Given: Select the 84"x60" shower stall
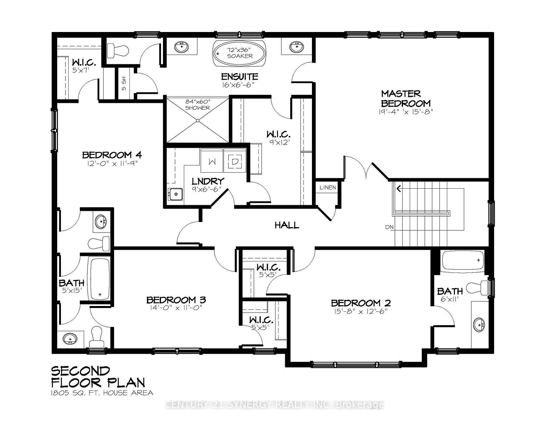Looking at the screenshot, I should pyautogui.click(x=197, y=120).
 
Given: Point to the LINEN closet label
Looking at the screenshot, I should pyautogui.click(x=327, y=188).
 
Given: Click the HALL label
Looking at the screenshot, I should pyautogui.click(x=287, y=225).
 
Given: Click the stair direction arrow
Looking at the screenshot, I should pyautogui.click(x=399, y=188).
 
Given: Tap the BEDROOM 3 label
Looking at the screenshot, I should pyautogui.click(x=176, y=300).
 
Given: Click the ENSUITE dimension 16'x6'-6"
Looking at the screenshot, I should pyautogui.click(x=238, y=85).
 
